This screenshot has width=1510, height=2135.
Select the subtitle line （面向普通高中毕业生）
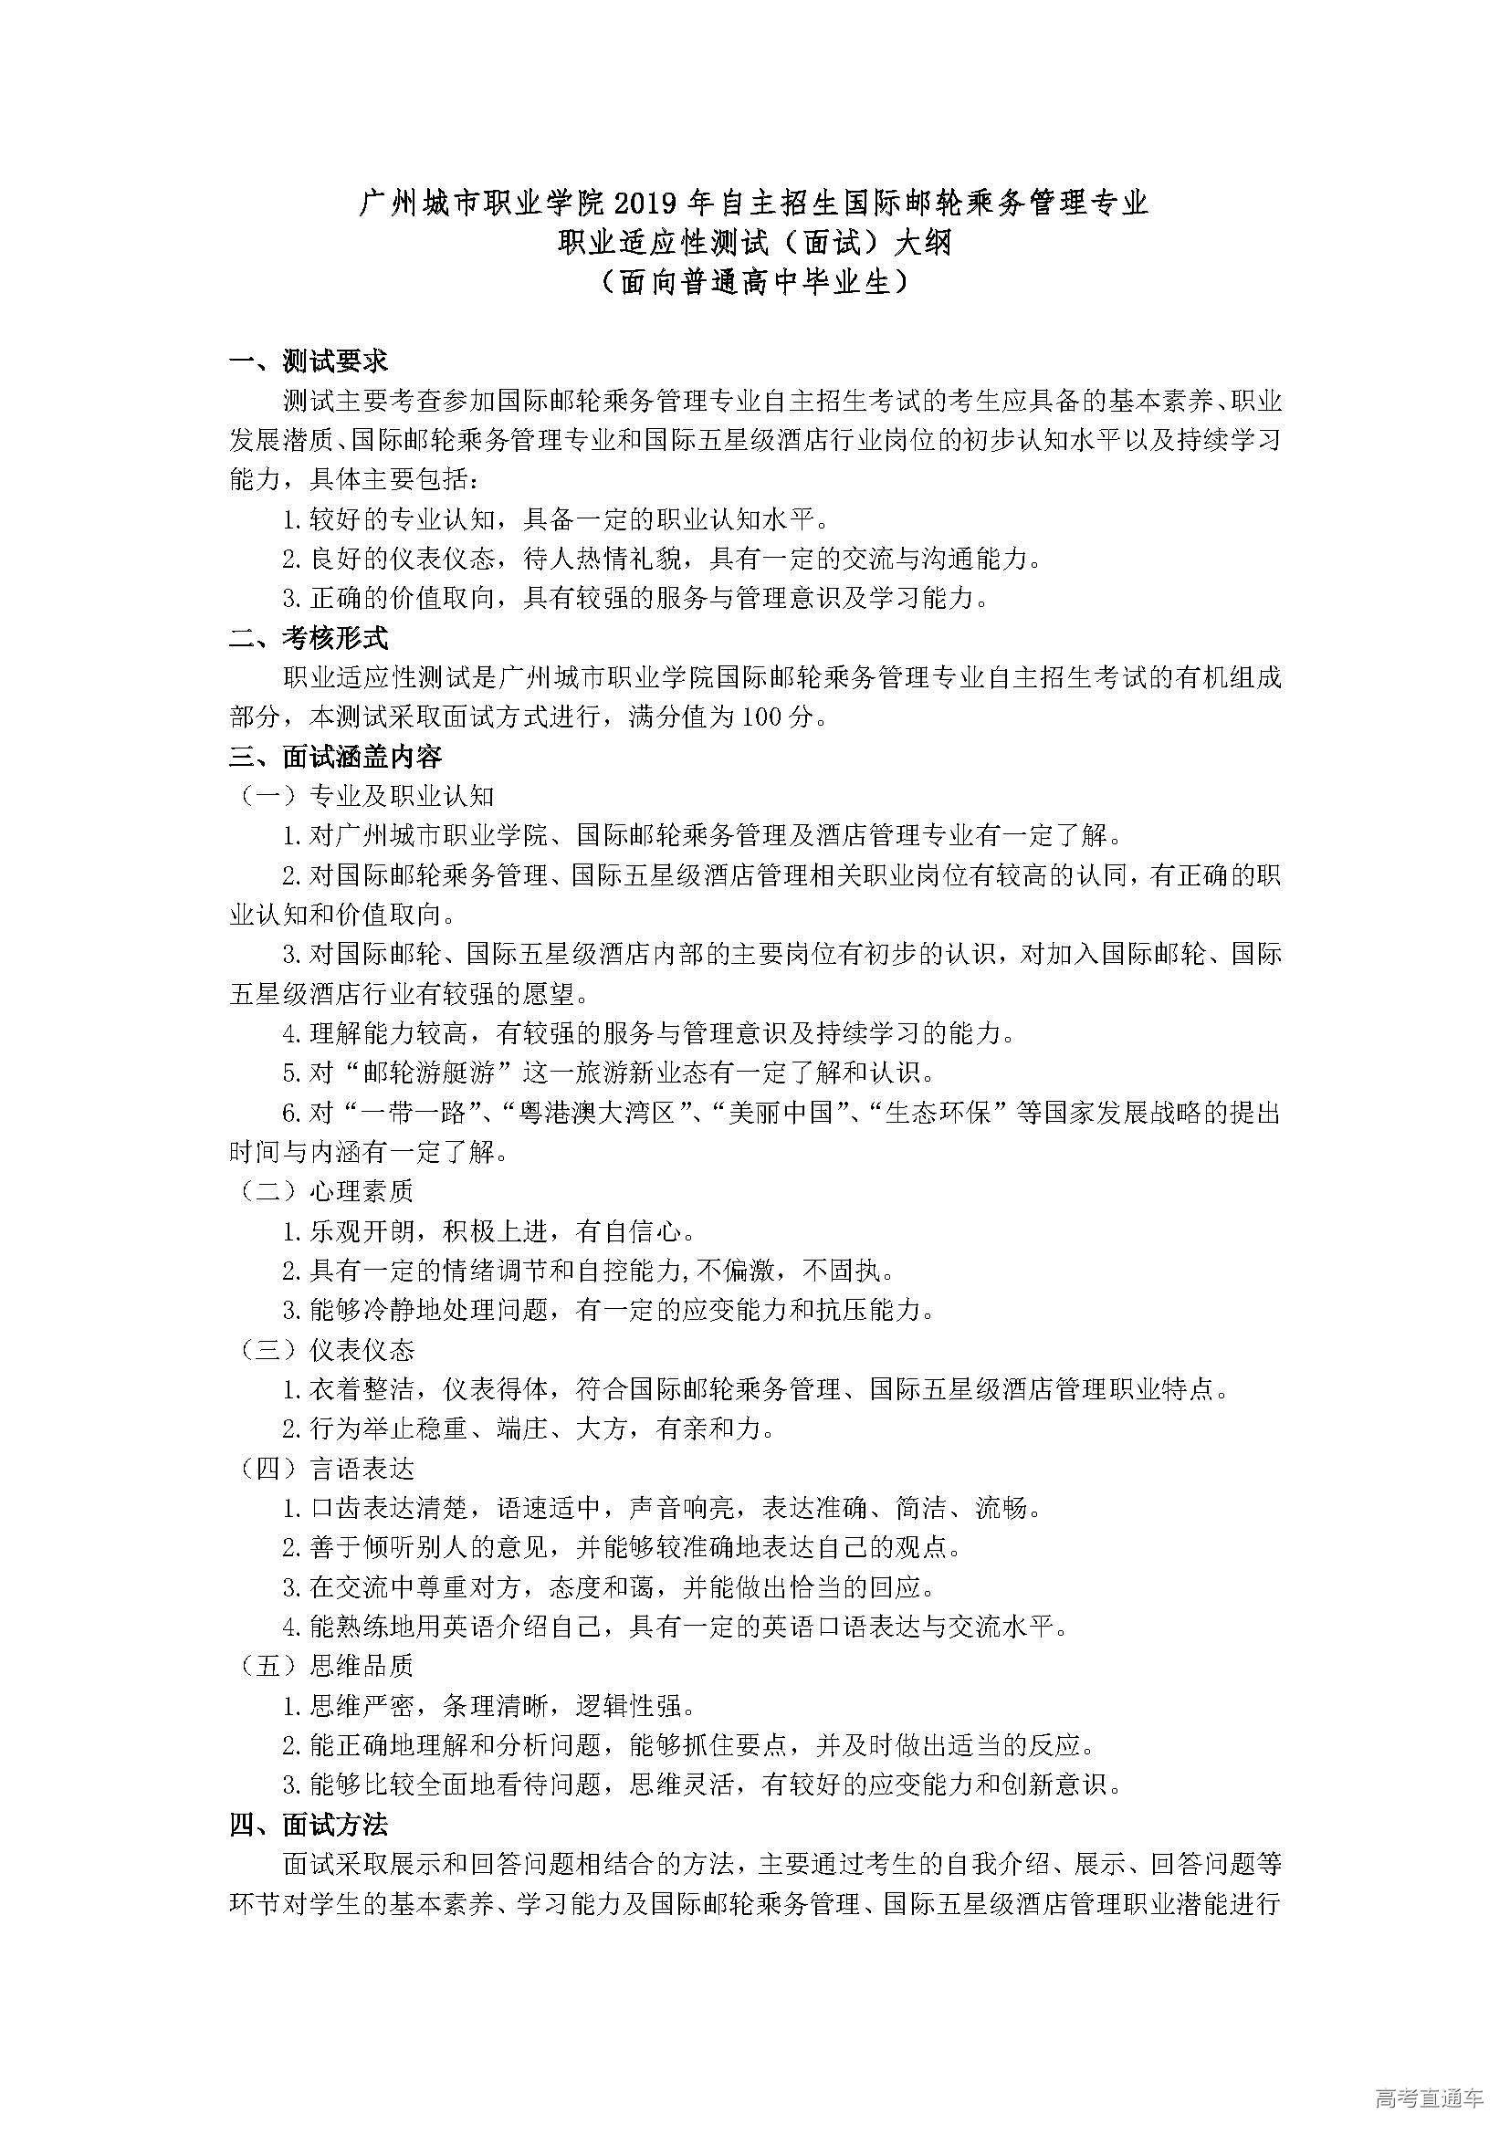pyautogui.click(x=754, y=282)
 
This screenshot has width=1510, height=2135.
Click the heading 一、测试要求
pyautogui.click(x=309, y=361)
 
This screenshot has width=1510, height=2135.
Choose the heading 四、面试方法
pyautogui.click(x=309, y=1826)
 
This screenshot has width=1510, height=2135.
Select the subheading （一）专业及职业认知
pyautogui.click(x=366, y=796)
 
